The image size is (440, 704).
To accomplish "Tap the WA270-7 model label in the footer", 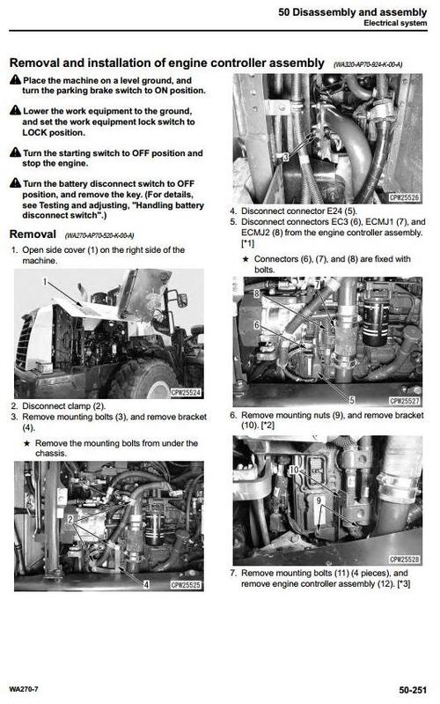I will coord(27,688).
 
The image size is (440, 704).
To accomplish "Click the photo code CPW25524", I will coord(184,392).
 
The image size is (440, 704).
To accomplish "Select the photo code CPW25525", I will coord(184,584).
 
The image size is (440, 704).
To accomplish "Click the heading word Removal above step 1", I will coord(33,234).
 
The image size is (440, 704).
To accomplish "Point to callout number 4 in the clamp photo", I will coord(147,584).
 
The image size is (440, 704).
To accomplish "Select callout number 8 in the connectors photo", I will coord(256,292).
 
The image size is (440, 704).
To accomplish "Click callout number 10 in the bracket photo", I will coord(291,471).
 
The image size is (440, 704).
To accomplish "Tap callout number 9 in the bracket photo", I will coord(318,500).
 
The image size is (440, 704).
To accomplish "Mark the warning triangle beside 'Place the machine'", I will coord(15,80).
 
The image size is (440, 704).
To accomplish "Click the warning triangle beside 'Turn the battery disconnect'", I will coord(15,183).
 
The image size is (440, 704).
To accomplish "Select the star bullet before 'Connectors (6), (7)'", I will coord(246,259).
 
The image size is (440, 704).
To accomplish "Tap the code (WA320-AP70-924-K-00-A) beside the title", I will coord(380,64).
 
